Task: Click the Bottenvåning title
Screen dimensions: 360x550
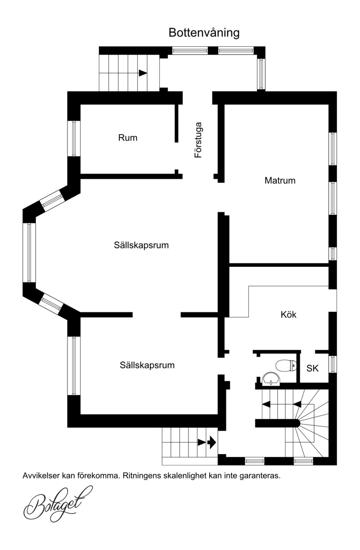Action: [x=204, y=33]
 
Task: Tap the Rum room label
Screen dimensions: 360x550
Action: [x=127, y=138]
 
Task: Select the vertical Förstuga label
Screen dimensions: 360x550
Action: [x=198, y=140]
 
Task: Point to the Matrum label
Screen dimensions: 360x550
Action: [x=280, y=180]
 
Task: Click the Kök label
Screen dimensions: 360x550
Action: [x=288, y=315]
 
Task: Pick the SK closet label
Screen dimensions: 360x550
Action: [x=312, y=368]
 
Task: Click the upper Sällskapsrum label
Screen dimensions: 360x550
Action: [x=141, y=245]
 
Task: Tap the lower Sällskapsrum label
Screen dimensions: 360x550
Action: [x=147, y=365]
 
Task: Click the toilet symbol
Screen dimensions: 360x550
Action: [x=286, y=365]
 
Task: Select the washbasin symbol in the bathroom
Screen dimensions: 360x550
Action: [x=271, y=379]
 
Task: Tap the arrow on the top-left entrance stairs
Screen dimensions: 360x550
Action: [x=143, y=73]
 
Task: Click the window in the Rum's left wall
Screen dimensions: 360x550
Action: [x=74, y=138]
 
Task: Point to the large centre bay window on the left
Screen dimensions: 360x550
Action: [x=29, y=252]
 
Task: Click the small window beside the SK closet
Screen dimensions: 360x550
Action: [x=333, y=364]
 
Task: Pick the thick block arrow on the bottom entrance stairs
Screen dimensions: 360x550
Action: [x=211, y=442]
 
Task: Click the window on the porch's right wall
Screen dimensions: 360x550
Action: [x=261, y=74]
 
